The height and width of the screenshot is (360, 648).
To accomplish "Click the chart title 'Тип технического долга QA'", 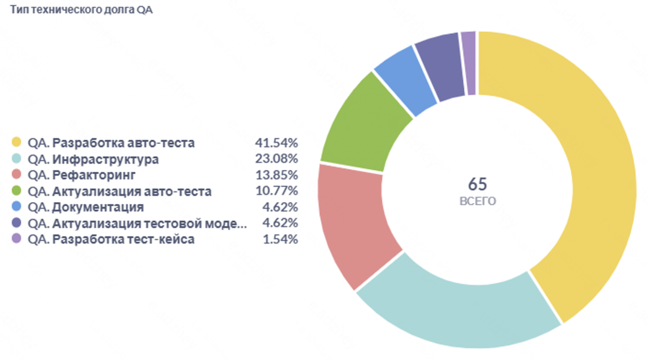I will (81, 10).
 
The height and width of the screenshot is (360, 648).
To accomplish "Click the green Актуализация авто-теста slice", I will (366, 125).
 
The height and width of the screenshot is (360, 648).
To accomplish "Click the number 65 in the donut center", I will (477, 184).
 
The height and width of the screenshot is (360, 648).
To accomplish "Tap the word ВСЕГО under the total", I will (477, 201).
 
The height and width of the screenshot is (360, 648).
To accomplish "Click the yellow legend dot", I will (16, 142).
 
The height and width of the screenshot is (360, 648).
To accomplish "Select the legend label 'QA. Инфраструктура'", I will (93, 159).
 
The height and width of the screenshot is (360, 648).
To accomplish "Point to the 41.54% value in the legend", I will (276, 143).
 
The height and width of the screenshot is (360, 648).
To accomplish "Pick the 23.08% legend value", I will (276, 159).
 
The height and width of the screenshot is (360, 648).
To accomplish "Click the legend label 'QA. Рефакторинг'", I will (81, 175).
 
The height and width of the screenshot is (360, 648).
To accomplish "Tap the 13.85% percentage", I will (276, 175).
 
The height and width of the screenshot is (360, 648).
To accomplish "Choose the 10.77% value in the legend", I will (276, 191).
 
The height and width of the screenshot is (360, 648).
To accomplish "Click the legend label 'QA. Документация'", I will (86, 207).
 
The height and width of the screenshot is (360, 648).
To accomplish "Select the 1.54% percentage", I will (280, 239).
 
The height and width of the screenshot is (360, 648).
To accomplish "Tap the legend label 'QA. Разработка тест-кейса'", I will (111, 239).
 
